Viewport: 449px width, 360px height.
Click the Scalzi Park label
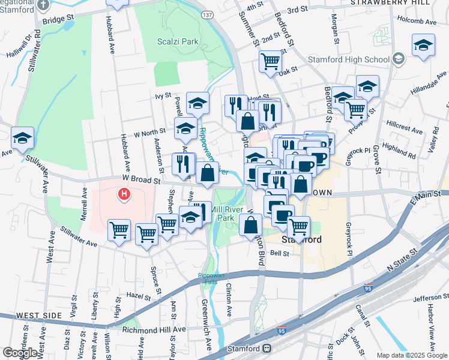177,42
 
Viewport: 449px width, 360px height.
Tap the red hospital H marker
124,194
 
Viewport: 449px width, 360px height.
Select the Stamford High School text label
349,59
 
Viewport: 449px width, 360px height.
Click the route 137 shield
208,14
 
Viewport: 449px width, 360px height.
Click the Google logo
20,353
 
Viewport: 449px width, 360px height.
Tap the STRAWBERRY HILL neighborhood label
398,2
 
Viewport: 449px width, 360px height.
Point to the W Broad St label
142,179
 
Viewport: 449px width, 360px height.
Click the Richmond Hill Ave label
154,329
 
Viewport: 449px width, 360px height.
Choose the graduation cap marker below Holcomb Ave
423,46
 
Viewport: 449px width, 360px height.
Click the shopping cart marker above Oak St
270,61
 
